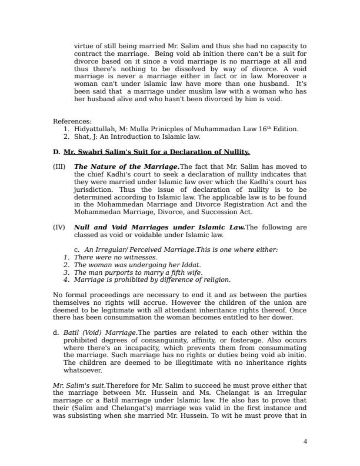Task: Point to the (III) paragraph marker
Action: coord(60,167)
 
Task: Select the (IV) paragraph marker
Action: coord(60,227)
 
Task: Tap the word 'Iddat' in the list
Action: coord(191,265)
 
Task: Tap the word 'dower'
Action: coord(294,318)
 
